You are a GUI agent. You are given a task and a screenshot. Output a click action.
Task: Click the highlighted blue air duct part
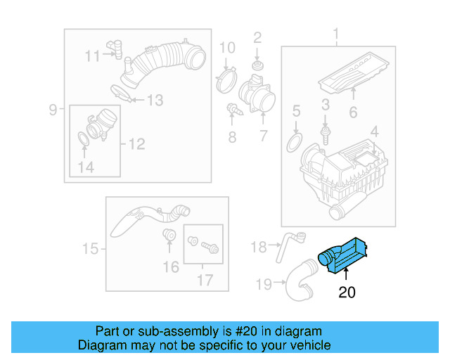tap(345, 255)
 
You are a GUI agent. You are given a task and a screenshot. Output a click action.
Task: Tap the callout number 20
tap(347, 292)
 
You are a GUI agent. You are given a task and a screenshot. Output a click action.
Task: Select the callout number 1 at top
tap(335, 34)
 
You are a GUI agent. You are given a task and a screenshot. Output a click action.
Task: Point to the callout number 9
tap(53, 109)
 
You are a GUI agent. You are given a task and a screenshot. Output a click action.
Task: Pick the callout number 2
tap(257, 37)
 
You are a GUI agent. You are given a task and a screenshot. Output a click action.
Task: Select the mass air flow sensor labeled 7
tap(253, 95)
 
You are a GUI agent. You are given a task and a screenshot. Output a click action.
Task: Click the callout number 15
tap(89, 248)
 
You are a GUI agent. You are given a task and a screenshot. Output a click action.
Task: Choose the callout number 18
tap(259, 246)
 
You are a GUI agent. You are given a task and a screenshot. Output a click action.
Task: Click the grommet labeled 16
tap(169, 235)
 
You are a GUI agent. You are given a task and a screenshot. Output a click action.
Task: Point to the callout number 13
tap(154, 101)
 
